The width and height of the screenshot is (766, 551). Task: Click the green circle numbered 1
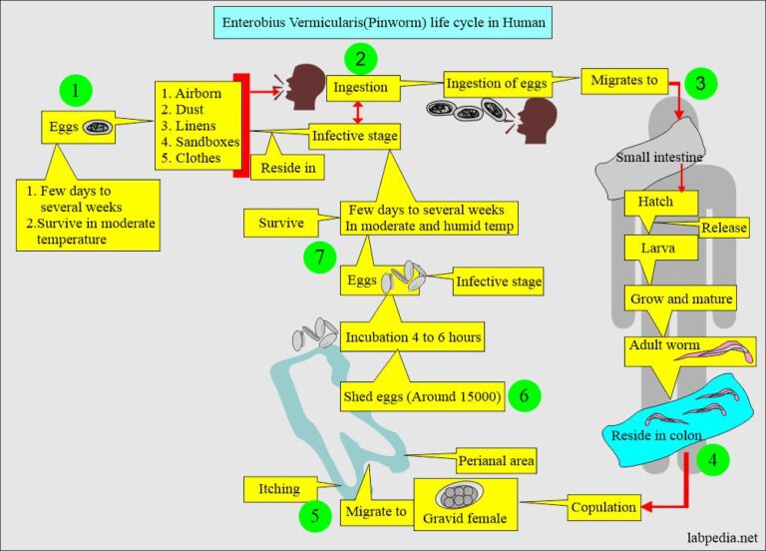75,92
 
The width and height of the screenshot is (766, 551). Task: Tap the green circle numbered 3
701,83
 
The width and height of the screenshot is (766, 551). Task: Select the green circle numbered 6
524,395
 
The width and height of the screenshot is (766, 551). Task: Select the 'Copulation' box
603,507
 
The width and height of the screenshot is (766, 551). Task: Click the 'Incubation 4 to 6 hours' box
413,336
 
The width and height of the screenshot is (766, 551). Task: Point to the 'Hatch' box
655,202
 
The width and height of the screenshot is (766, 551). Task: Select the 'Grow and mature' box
681,297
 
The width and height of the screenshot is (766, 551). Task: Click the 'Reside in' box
289,169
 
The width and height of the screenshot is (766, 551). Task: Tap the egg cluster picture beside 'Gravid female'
459,496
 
